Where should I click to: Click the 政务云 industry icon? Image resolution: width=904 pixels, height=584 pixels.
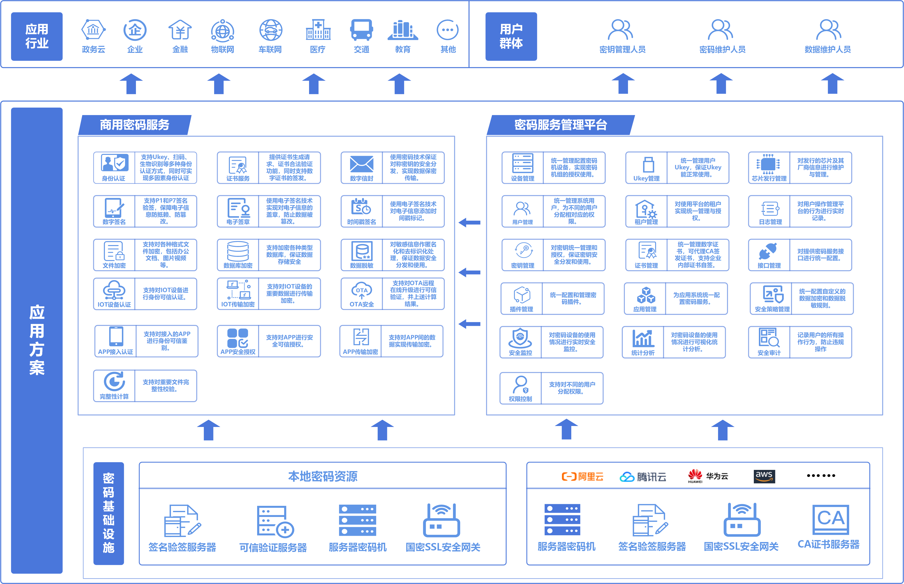pyautogui.click(x=93, y=30)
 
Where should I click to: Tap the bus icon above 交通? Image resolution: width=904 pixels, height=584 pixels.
pyautogui.click(x=361, y=30)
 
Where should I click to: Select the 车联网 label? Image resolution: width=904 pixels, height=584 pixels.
pyautogui.click(x=270, y=49)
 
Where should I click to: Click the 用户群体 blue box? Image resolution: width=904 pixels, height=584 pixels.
pyautogui.click(x=511, y=36)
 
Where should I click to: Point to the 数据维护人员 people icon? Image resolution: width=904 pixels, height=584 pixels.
pyautogui.click(x=828, y=30)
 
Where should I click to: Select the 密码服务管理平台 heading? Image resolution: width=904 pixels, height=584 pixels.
pyautogui.click(x=561, y=125)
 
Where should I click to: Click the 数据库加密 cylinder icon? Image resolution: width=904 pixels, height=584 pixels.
pyautogui.click(x=238, y=251)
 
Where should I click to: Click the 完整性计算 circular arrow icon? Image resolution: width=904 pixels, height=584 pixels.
pyautogui.click(x=114, y=381)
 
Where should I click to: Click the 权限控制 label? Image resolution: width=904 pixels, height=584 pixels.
pyautogui.click(x=520, y=399)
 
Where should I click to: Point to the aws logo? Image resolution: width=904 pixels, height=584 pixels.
pyautogui.click(x=764, y=476)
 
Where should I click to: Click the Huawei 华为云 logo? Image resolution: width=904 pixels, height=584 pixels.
pyautogui.click(x=707, y=476)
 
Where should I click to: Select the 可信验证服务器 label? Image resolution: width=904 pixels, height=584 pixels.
pyautogui.click(x=273, y=547)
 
